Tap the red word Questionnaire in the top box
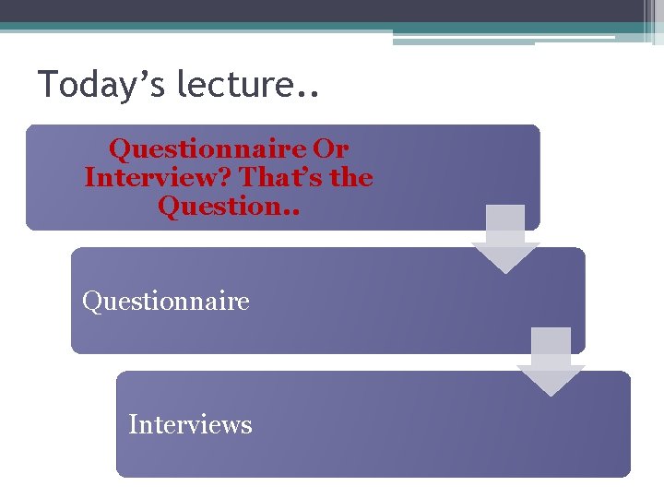pos(207,148)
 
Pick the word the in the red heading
pos(350,177)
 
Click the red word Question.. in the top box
pos(228,206)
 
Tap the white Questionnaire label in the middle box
pos(166,301)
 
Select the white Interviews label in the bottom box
pos(190,424)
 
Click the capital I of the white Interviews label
pos(133,424)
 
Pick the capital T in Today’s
pos(47,85)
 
